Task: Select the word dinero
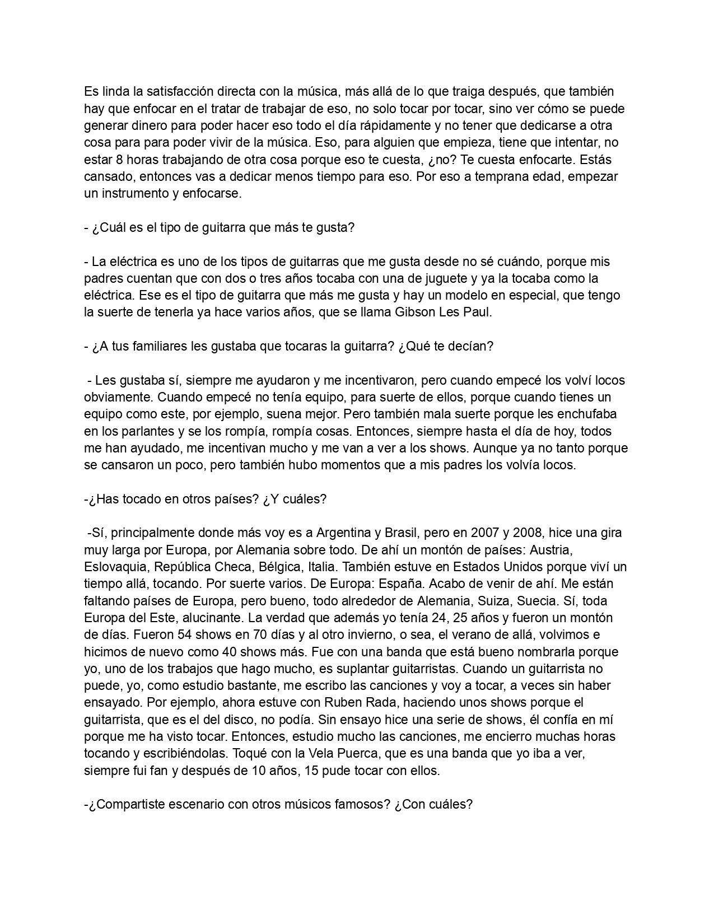pos(151,125)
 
